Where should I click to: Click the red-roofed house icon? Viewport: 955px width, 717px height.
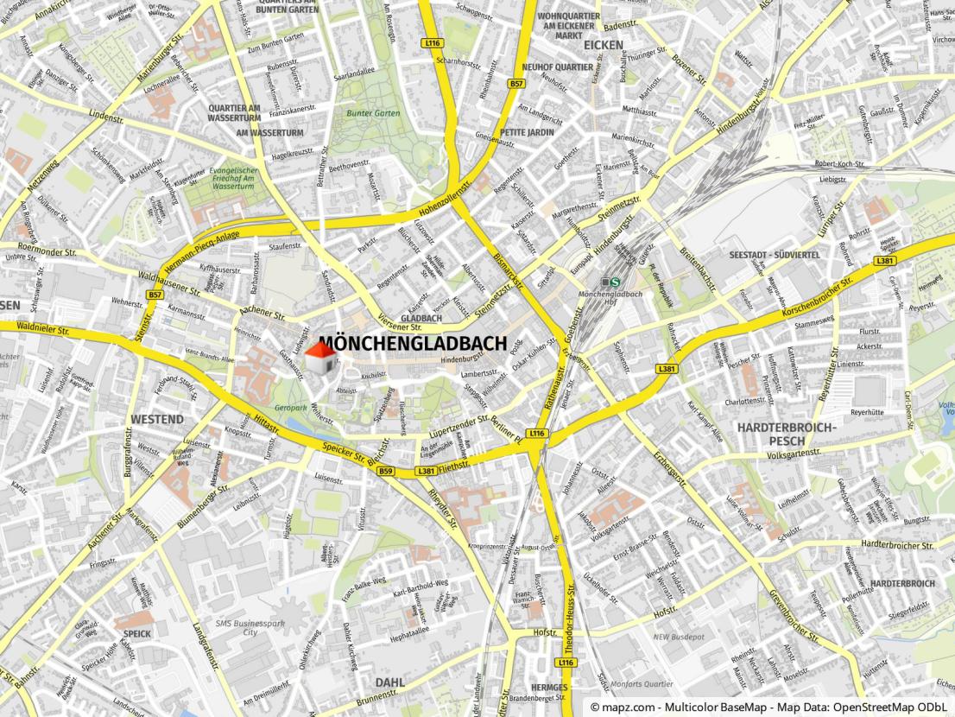pos(320,358)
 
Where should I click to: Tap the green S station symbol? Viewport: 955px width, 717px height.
pos(615,281)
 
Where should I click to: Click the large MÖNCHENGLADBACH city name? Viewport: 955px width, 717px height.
pos(413,343)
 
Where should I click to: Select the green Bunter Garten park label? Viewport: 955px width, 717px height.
pos(374,113)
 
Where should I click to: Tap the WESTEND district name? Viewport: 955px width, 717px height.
pos(157,419)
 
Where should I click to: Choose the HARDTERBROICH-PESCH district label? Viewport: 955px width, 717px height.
pos(798,435)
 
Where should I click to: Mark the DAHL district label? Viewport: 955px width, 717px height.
pos(389,682)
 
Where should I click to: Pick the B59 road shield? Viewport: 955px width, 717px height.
pos(385,471)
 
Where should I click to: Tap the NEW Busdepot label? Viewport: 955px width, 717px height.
pos(679,637)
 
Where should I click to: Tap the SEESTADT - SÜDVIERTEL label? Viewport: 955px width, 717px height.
pos(775,255)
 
